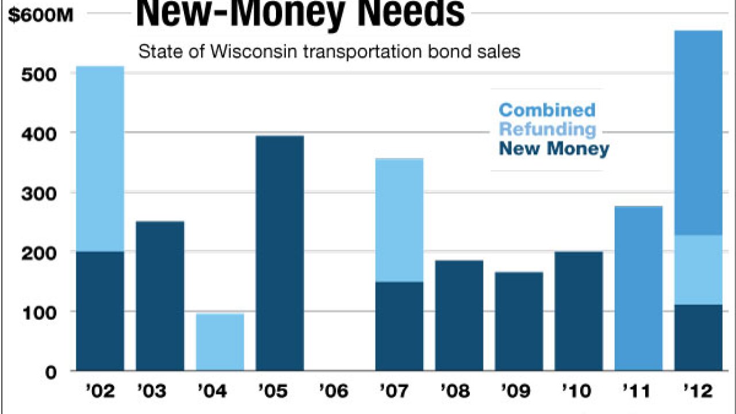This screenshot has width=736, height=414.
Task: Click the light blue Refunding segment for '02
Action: (x=100, y=159)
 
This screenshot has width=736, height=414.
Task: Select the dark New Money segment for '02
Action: (x=100, y=311)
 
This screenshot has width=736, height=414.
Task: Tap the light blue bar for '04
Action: (x=220, y=342)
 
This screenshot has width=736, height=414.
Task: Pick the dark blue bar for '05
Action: (x=279, y=253)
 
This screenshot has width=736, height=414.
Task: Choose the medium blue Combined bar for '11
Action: (x=638, y=288)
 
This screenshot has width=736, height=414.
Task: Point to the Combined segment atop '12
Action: (x=698, y=132)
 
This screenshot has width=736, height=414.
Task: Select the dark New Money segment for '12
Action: (x=698, y=338)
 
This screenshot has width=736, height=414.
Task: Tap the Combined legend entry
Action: (x=547, y=109)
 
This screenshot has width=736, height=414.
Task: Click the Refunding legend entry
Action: (x=547, y=129)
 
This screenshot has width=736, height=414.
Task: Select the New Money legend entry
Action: (x=554, y=149)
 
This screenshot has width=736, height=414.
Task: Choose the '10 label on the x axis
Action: (x=578, y=392)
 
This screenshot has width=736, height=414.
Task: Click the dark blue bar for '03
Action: (x=160, y=296)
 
